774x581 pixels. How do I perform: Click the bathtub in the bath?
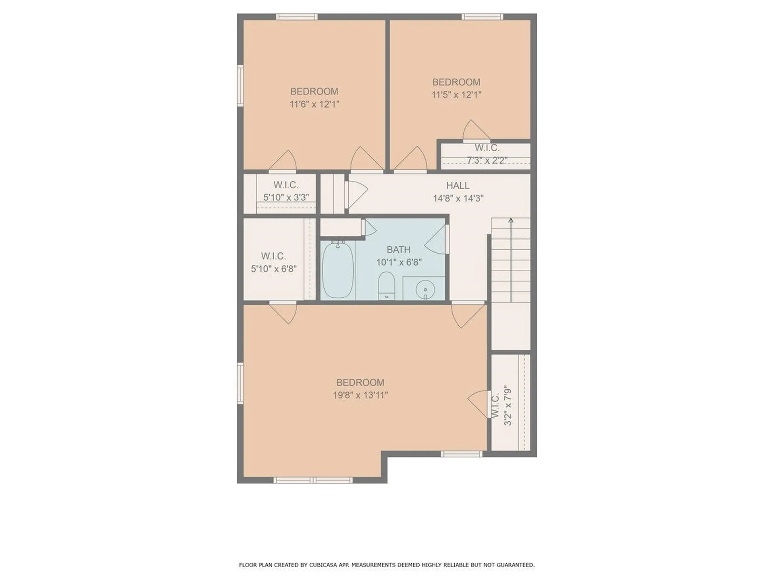coord(338,270)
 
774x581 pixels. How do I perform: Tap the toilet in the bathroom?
coord(386,286)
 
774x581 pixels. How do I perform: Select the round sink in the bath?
coord(425,289)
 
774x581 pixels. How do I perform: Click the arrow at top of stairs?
coord(511,260)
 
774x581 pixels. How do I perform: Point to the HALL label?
coord(458,186)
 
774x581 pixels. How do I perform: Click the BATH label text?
coord(399,250)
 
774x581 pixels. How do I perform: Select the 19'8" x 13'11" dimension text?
coord(360,395)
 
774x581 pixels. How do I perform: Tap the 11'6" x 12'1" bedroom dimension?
coord(314,104)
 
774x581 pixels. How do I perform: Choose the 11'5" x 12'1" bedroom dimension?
coord(456,95)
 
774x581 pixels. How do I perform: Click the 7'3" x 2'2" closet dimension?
coord(487,160)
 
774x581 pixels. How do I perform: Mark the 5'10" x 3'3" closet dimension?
coord(286,197)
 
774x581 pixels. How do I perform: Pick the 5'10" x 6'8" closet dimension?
coord(274,269)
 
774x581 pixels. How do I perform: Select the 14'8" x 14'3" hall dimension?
coord(458,199)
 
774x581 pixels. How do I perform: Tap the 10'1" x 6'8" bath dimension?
coord(399,262)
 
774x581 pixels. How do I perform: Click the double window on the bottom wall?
coord(313,480)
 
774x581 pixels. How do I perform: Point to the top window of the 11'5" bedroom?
coord(482,17)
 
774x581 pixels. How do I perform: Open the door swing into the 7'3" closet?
coord(476,130)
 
